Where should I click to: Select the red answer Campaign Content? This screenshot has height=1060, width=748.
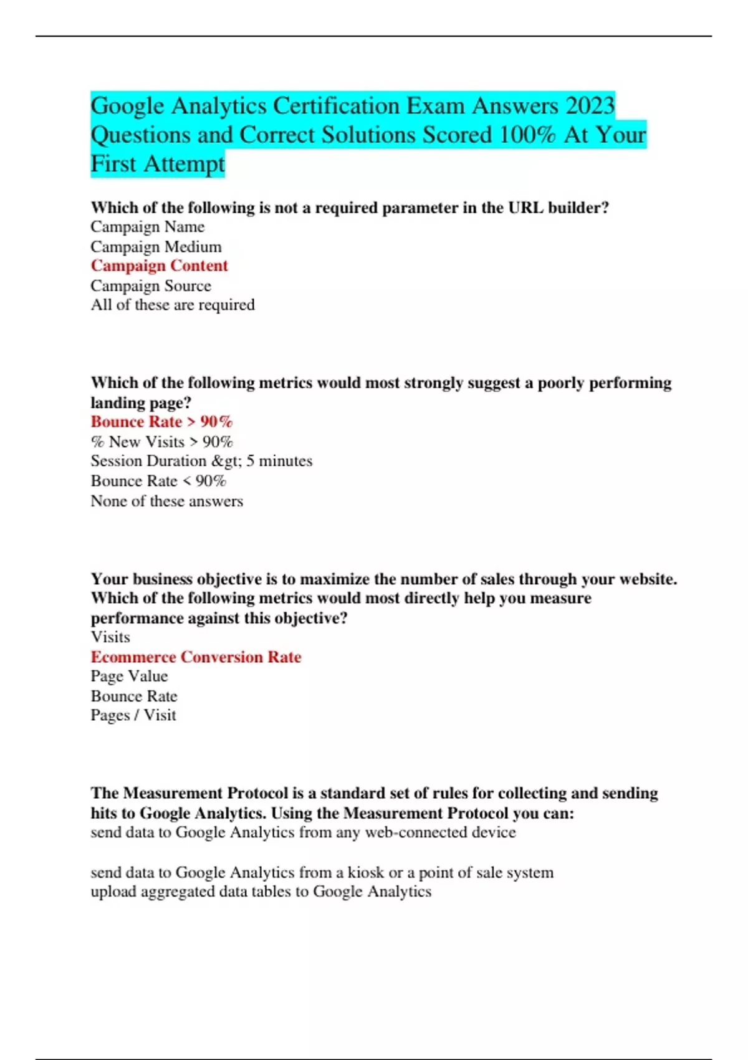pos(159,266)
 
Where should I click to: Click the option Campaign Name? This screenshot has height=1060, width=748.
pos(147,227)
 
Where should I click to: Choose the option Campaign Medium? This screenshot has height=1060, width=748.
pos(156,247)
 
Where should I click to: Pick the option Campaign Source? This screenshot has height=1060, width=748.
pos(151,286)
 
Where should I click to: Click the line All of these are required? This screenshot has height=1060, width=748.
pos(173,305)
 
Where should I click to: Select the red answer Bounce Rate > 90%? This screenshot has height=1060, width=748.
pos(161,422)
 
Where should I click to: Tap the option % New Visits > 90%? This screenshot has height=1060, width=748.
pos(161,442)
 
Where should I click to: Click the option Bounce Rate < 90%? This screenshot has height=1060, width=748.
pos(158,481)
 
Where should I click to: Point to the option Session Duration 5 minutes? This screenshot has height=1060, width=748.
pos(201,461)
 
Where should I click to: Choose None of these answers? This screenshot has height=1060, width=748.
pos(166,501)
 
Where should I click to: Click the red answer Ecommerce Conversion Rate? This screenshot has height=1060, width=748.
pos(196,657)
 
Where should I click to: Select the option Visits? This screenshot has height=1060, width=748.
pos(110,637)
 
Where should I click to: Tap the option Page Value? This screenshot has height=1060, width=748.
pos(129,677)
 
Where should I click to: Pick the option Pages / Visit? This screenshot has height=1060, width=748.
pos(133,716)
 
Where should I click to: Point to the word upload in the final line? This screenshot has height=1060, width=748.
pos(113,892)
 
